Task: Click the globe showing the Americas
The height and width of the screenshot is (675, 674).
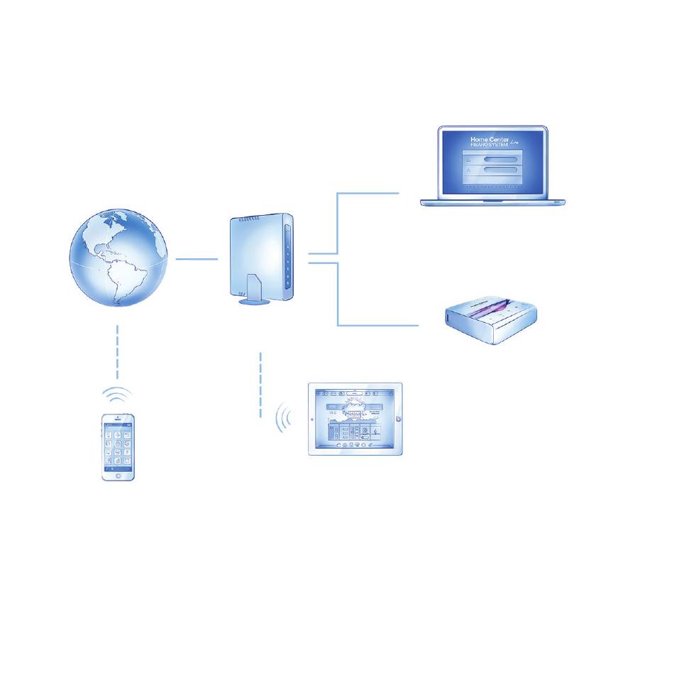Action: [119, 258]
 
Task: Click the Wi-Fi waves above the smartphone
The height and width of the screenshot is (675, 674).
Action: [118, 394]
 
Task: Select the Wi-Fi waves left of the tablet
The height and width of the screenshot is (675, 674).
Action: [284, 419]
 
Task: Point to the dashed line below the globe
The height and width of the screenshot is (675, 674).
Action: [118, 351]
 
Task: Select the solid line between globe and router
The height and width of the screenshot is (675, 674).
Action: [197, 259]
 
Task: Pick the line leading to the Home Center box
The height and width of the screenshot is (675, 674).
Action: [376, 325]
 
